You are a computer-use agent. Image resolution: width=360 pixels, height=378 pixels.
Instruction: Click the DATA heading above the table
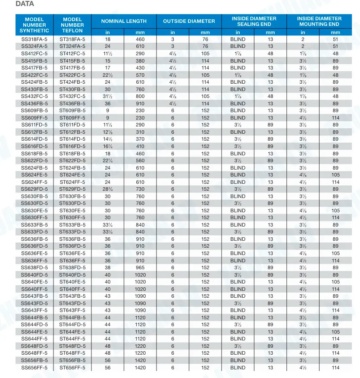pos(25,4)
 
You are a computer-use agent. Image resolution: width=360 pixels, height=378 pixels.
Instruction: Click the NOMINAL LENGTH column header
pos(124,21)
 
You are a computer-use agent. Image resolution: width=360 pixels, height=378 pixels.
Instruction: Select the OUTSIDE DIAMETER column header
pos(189,21)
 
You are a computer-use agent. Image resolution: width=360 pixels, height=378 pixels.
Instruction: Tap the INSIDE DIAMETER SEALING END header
pos(254,21)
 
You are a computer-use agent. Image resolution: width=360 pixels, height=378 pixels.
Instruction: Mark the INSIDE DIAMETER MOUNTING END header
pos(319,21)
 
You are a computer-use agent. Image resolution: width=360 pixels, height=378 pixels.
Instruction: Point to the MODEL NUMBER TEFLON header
pos(72,25)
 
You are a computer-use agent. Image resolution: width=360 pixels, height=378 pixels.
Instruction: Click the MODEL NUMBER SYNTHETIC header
pos(34,25)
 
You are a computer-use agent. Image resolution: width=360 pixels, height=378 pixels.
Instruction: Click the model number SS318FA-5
pos(34,39)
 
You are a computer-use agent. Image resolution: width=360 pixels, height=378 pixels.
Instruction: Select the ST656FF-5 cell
pos(72,368)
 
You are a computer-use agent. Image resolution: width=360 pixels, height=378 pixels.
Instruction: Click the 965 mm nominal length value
pos(141,268)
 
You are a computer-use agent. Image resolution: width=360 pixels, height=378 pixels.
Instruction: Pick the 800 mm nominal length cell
pos(141,96)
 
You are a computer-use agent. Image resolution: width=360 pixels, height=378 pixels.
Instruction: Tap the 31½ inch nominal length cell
pos(107,96)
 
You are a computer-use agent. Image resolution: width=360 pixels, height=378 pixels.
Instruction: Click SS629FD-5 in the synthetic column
pos(34,189)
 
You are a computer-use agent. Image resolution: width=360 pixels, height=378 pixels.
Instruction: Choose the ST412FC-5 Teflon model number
pos(72,54)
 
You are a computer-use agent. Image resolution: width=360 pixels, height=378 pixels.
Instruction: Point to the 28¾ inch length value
pos(107,189)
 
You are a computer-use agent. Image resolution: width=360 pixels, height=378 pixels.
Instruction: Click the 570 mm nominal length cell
pos(141,75)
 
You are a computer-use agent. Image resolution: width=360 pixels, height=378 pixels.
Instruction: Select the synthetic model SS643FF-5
pos(34,310)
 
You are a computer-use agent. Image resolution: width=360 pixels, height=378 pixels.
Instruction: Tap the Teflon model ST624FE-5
pos(72,175)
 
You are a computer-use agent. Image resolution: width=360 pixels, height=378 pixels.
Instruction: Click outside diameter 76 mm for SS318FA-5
pos(205,39)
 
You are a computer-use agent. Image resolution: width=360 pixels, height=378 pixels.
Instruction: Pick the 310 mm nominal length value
pos(141,132)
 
